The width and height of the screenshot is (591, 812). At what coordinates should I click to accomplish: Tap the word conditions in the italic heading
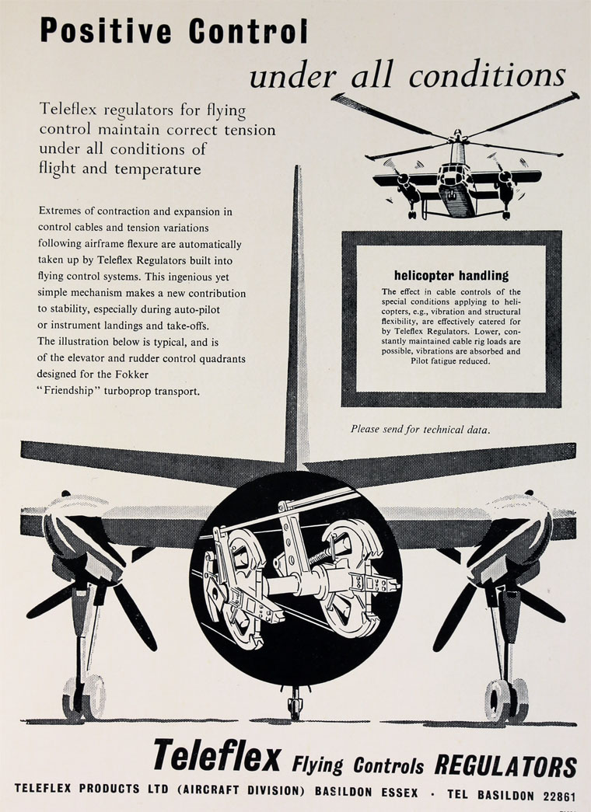click(x=488, y=75)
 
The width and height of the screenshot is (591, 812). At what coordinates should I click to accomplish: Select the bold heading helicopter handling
click(x=451, y=275)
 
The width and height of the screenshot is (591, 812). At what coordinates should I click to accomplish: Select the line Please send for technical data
click(x=420, y=428)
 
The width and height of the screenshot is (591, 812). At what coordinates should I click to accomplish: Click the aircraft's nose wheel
click(x=295, y=706)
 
